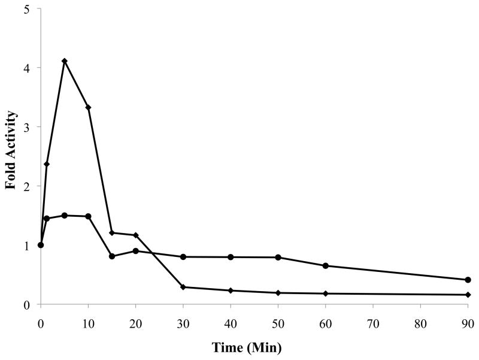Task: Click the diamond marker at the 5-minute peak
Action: coord(64,61)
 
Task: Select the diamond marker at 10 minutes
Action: coord(88,107)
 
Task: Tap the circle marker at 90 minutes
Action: coord(468,280)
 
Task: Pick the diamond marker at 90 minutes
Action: coord(468,295)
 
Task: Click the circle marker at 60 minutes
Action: coord(325,266)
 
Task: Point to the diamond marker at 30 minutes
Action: coord(183,287)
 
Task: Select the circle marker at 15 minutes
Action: coord(112,256)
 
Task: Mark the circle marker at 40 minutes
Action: coord(231,257)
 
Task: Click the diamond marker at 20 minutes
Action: coord(136,235)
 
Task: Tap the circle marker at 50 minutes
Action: coord(278,258)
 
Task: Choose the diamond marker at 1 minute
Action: coord(46,164)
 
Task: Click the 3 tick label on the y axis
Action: coord(29,126)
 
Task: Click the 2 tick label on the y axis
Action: coord(29,186)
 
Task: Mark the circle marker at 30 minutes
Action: coord(183,257)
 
